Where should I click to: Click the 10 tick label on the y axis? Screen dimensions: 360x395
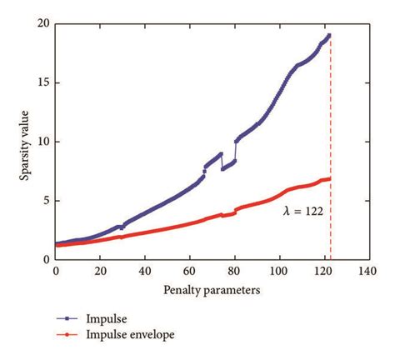pyautogui.click(x=42, y=142)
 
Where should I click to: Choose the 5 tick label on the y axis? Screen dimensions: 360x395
pyautogui.click(x=45, y=201)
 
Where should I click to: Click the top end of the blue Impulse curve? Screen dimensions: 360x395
pyautogui.click(x=329, y=35)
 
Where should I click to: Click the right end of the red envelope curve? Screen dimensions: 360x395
pyautogui.click(x=329, y=178)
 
